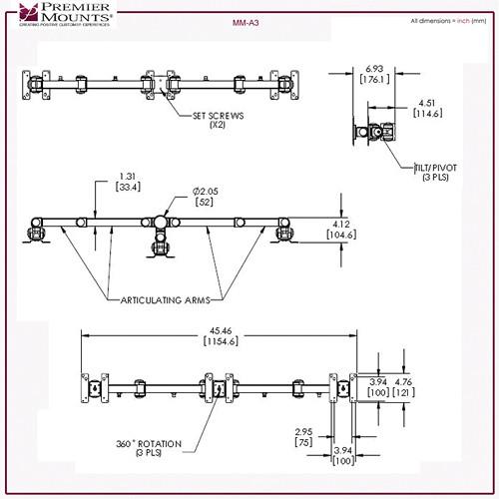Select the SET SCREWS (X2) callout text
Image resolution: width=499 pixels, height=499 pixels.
tap(217, 120)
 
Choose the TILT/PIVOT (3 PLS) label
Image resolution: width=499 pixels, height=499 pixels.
tap(435, 174)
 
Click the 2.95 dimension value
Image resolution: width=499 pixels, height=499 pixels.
tap(303, 431)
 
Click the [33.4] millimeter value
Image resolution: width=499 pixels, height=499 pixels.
tap(127, 187)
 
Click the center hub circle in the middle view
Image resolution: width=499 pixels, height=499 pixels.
tap(160, 222)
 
